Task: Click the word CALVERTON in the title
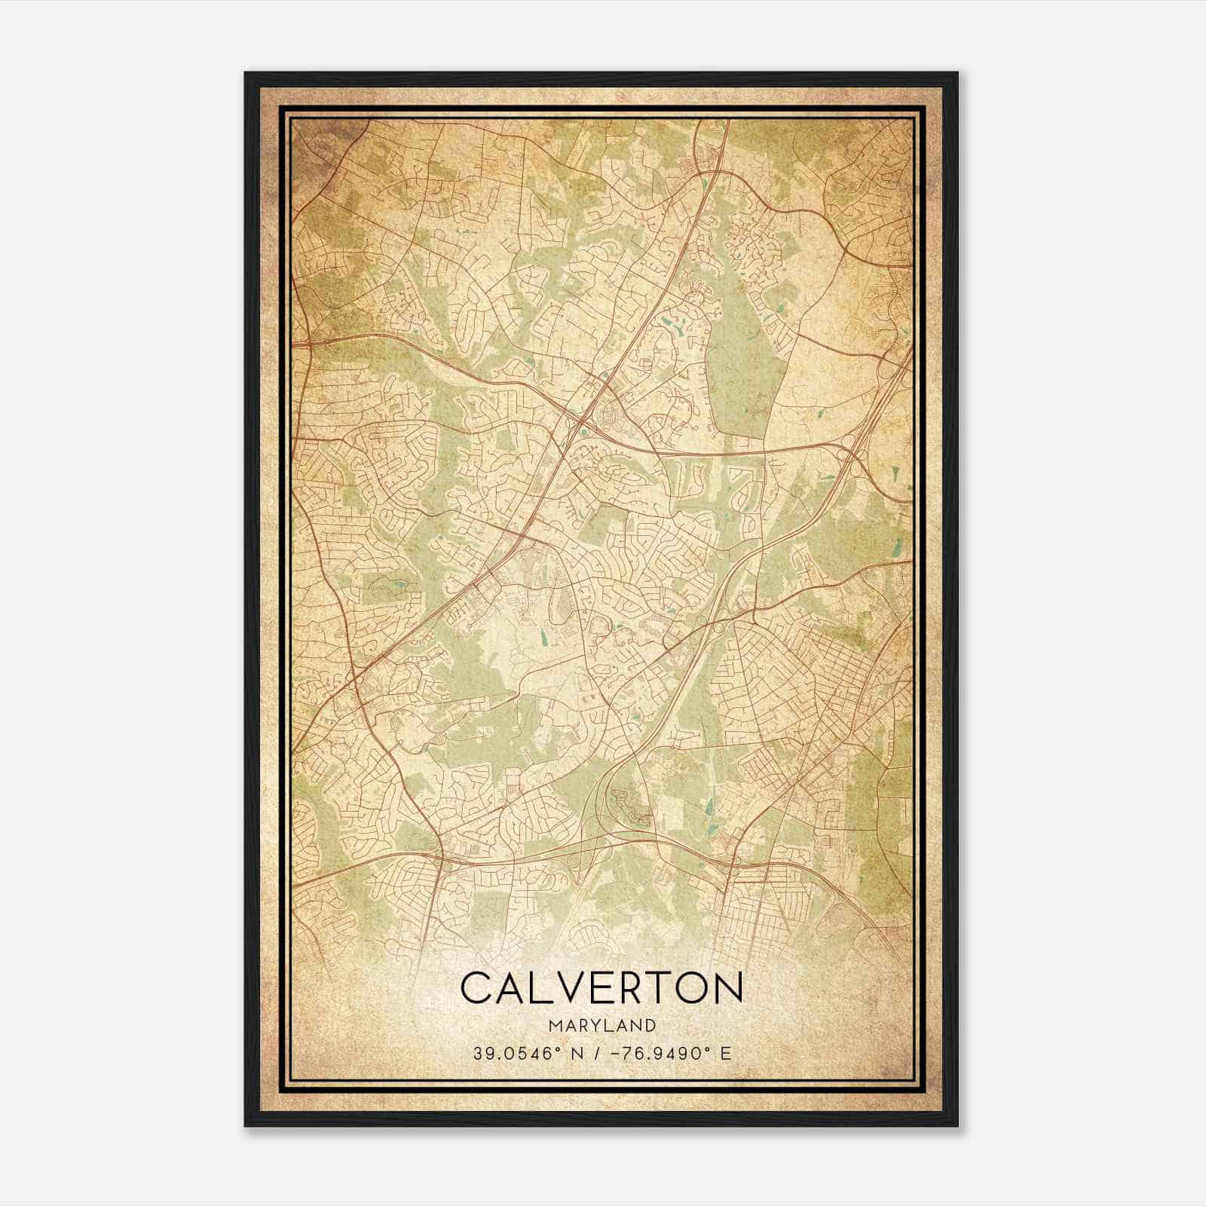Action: [x=601, y=988]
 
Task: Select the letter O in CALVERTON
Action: [x=690, y=988]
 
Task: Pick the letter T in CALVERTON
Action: [x=657, y=988]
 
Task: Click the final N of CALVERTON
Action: [x=728, y=988]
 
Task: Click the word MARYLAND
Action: [x=601, y=1025]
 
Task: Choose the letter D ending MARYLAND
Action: [x=650, y=1025]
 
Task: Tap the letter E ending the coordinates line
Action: [x=726, y=1053]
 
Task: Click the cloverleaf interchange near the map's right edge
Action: [x=852, y=452]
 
